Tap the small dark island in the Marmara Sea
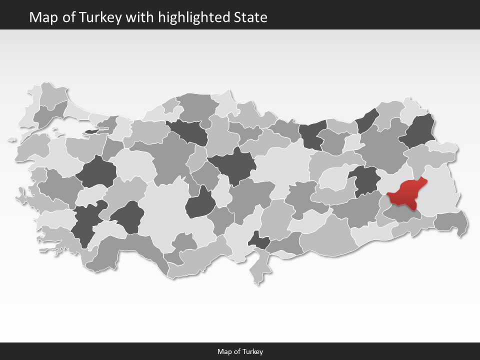(x=92, y=131)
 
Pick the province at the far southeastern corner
(x=450, y=221)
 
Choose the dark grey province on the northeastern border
(x=420, y=131)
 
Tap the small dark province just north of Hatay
(x=258, y=241)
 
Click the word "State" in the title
(x=250, y=17)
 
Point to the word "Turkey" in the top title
(x=105, y=17)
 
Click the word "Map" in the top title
(x=40, y=17)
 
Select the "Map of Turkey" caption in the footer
(x=240, y=351)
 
